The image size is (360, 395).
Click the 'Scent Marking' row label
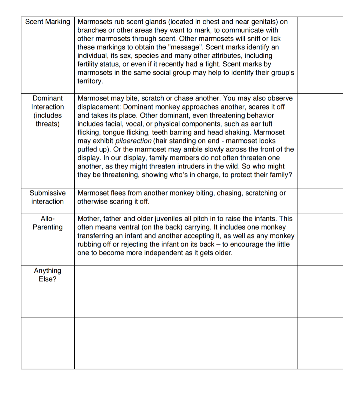coord(48,22)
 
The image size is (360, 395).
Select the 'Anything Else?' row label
coord(48,275)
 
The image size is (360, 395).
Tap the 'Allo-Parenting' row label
coord(48,223)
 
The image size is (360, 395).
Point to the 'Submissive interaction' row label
coord(48,197)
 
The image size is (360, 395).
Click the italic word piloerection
coord(133,141)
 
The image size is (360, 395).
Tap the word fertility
coord(88,64)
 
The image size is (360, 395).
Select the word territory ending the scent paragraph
coord(90,81)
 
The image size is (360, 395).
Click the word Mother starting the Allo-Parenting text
coord(89,219)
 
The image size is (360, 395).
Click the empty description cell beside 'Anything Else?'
coord(186,291)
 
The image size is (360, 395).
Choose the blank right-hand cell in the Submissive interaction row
coord(320,201)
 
